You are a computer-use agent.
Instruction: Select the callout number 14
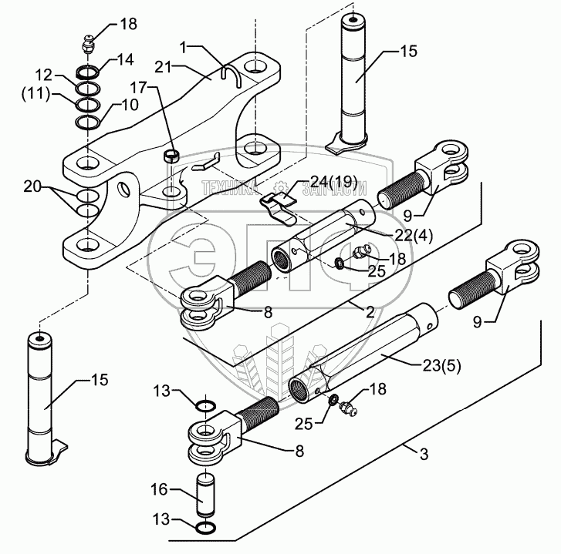pos(125,59)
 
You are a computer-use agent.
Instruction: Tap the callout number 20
pos(33,186)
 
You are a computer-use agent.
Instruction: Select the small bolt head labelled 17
pos(171,156)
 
